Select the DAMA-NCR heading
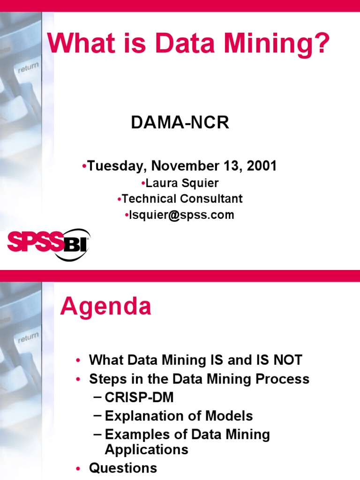[x=180, y=123]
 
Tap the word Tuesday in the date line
[x=116, y=166]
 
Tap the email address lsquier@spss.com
[x=180, y=215]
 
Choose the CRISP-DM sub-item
[x=139, y=397]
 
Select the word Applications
[x=146, y=450]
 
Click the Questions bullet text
[x=123, y=468]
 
